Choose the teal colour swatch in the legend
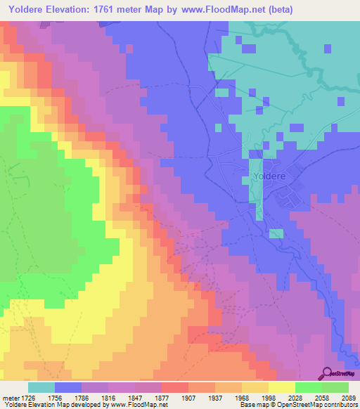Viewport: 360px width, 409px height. click(x=41, y=387)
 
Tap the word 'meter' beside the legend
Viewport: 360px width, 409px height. click(x=12, y=397)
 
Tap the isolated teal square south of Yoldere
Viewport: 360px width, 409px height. click(x=276, y=233)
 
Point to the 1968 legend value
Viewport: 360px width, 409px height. click(x=231, y=397)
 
